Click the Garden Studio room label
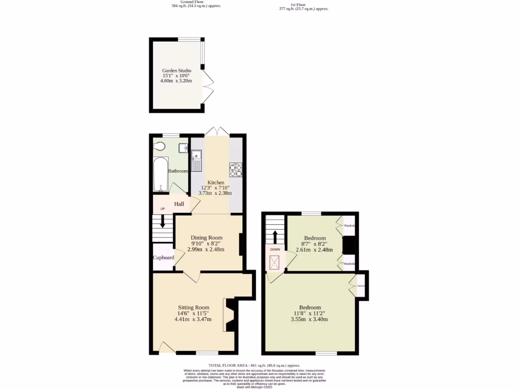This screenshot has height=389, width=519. point(176,71)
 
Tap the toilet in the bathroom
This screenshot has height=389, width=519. point(160,147)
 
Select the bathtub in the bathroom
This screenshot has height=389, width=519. point(161,175)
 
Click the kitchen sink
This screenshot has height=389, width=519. point(196,161)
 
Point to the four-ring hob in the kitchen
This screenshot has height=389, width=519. point(236,170)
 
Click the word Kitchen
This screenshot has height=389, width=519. point(216,182)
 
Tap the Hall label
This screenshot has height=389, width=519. point(179,204)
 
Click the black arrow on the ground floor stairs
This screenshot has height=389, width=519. point(163,222)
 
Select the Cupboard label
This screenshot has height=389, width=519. point(164,258)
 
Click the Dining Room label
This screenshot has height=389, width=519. point(206,238)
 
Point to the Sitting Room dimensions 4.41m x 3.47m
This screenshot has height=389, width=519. point(193,319)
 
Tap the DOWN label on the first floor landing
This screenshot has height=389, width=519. point(275,250)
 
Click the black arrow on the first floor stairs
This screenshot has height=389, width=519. point(275,237)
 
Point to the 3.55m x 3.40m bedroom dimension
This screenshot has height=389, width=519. point(309,319)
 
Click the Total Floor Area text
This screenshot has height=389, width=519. point(254,365)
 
